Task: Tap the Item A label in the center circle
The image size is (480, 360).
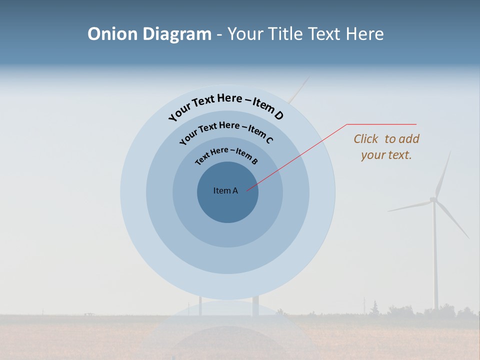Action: (x=225, y=190)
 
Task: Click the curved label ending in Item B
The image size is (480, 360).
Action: (x=226, y=155)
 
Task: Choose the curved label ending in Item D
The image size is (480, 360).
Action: (x=226, y=105)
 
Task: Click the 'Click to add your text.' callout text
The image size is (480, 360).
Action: (x=386, y=146)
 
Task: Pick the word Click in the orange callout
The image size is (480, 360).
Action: (x=366, y=139)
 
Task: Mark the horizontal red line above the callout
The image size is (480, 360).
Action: (x=381, y=124)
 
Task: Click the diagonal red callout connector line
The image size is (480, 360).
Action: (x=297, y=157)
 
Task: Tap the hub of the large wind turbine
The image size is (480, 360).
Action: (x=433, y=199)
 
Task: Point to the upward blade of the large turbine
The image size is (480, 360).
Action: (x=443, y=172)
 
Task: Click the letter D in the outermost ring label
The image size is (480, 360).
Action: (x=278, y=116)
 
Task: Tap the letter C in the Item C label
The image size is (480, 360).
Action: (x=269, y=139)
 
